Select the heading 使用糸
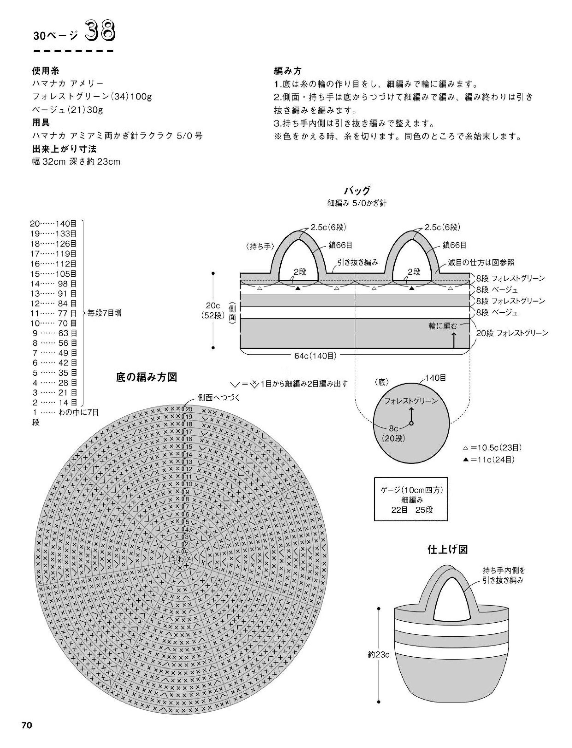click(46, 71)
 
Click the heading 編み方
click(288, 71)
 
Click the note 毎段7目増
click(104, 313)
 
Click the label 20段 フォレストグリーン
click(512, 333)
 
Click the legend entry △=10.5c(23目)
click(492, 448)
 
